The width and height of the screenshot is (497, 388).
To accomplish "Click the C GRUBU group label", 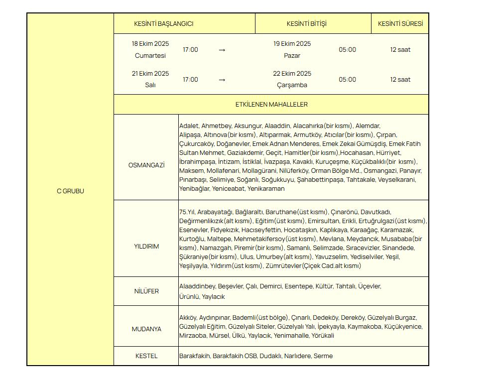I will tap(70, 191).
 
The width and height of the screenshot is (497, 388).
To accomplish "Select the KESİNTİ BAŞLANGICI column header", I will tap(163, 24).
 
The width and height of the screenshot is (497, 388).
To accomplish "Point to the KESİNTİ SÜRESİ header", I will tap(400, 24).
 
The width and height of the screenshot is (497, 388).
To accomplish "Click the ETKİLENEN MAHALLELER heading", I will tap(271, 105).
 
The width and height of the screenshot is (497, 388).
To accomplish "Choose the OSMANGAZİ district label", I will tap(146, 165).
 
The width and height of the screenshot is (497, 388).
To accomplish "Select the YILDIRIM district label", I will tap(146, 247).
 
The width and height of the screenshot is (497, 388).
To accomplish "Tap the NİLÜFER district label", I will tap(146, 291).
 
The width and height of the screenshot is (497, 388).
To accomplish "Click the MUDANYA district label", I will tap(146, 329).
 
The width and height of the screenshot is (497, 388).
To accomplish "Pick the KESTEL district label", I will tap(146, 356).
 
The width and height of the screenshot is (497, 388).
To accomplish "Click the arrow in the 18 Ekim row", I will tap(222, 50).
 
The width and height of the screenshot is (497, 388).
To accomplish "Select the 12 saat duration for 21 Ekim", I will tap(400, 80).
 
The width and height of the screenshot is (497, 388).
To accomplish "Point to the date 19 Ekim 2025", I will tap(292, 44).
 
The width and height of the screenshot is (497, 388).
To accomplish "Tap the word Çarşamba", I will tap(292, 85).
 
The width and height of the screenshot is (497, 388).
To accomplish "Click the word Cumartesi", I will tap(150, 56).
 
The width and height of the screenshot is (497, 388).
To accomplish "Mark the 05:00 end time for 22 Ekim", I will tap(347, 80).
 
